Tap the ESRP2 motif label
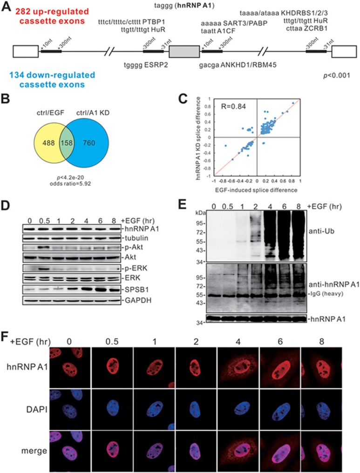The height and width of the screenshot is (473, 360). pyautogui.click(x=143, y=66)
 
